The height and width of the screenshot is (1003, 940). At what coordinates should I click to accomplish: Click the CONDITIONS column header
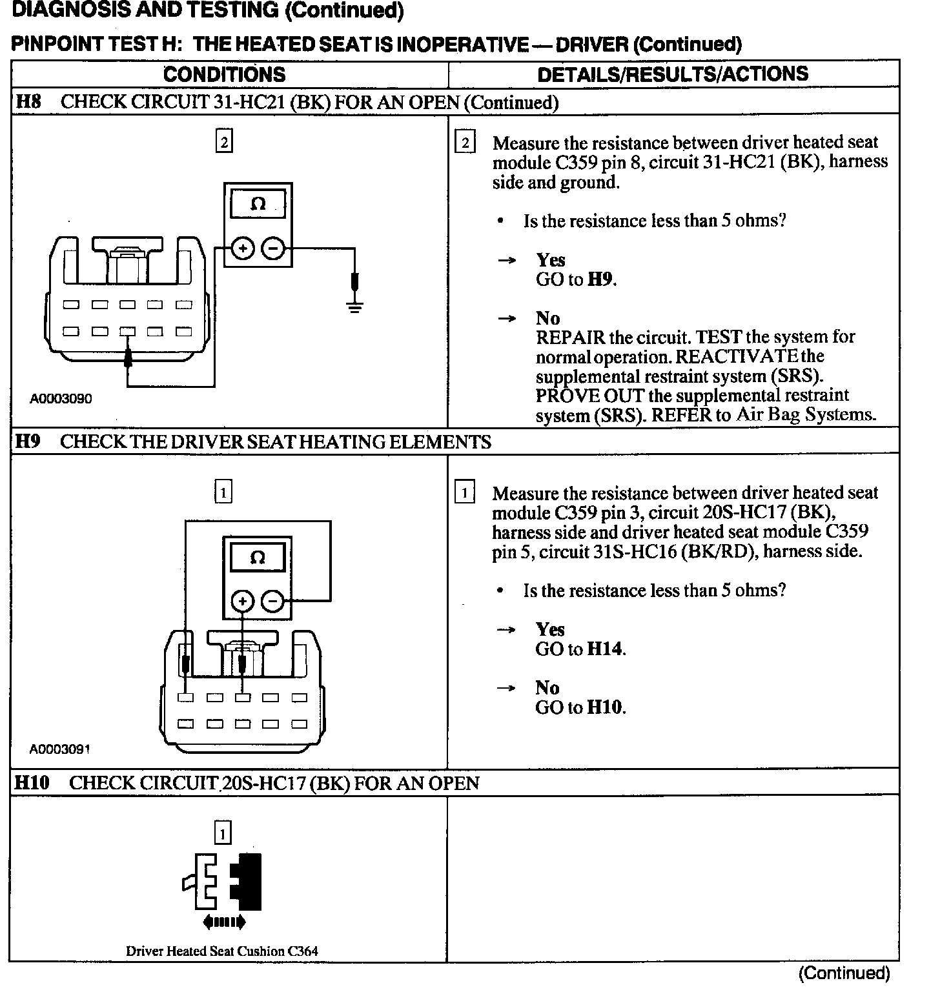pyautogui.click(x=224, y=74)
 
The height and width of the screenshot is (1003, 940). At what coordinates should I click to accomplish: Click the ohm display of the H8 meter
pyautogui.click(x=258, y=204)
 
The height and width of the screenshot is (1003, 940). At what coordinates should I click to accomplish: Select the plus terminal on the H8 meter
pyautogui.click(x=243, y=248)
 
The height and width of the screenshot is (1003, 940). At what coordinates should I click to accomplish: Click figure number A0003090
pyautogui.click(x=61, y=399)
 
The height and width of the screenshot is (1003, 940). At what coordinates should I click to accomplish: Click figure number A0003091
pyautogui.click(x=60, y=749)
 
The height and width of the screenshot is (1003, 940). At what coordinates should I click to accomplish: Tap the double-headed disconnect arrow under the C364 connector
pyautogui.click(x=224, y=922)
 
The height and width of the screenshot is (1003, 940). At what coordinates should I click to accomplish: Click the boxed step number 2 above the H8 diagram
pyautogui.click(x=223, y=142)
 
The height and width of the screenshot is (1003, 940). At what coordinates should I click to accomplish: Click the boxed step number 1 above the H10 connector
pyautogui.click(x=222, y=834)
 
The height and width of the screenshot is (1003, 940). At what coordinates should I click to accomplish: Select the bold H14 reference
pyautogui.click(x=605, y=649)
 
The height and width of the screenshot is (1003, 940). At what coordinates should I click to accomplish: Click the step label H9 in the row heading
pyautogui.click(x=28, y=442)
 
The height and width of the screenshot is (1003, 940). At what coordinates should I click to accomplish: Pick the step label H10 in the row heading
pyautogui.click(x=32, y=783)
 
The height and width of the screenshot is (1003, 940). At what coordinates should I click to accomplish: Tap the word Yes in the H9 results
pyautogui.click(x=550, y=629)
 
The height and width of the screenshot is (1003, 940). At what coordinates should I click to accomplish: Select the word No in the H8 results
pyautogui.click(x=547, y=318)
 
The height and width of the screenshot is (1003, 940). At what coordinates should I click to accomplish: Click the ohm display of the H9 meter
pyautogui.click(x=257, y=558)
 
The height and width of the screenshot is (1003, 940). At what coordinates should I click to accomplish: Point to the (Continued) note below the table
pyautogui.click(x=844, y=973)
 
